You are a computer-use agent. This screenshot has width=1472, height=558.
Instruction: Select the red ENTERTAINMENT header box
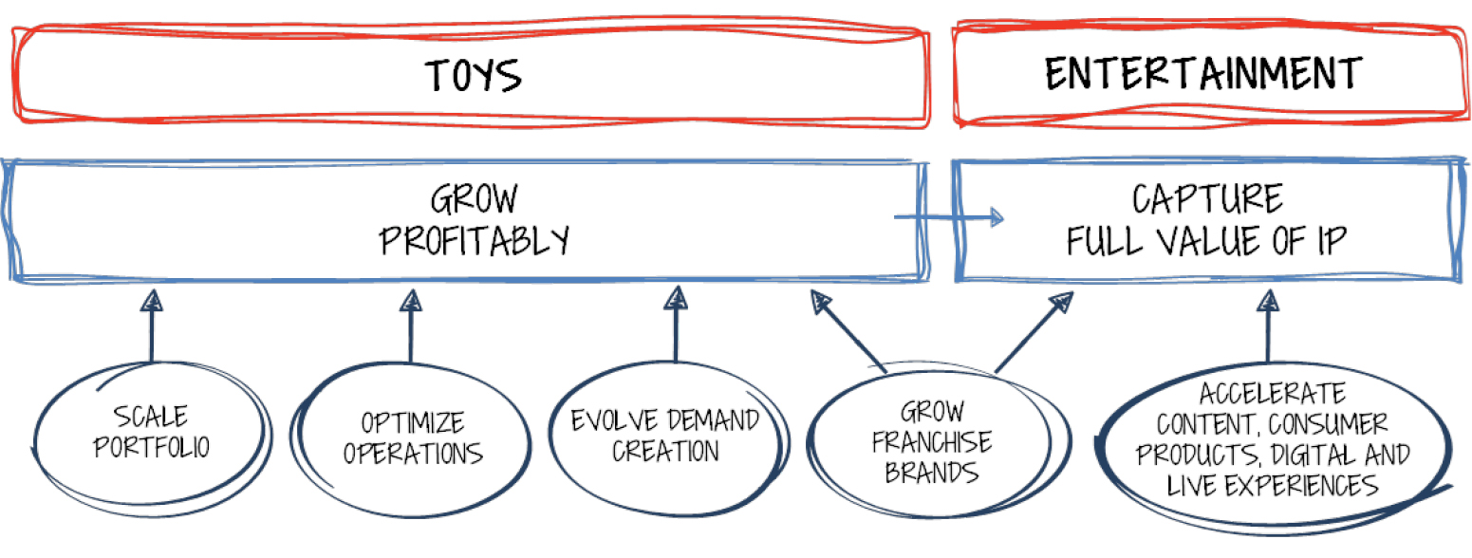pyautogui.click(x=1203, y=75)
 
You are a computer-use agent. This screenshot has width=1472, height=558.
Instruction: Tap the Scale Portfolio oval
pyautogui.click(x=150, y=432)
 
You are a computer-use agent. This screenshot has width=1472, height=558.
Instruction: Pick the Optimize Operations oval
pyautogui.click(x=411, y=437)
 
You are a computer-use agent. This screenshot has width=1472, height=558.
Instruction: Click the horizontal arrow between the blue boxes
pyautogui.click(x=949, y=217)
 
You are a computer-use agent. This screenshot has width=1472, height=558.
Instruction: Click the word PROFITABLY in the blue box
pyautogui.click(x=475, y=241)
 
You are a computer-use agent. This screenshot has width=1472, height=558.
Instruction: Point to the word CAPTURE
pyautogui.click(x=1206, y=199)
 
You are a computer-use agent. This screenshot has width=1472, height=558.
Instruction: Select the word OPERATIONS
pyautogui.click(x=413, y=453)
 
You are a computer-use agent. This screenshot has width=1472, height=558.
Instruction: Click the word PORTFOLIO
pyautogui.click(x=150, y=446)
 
